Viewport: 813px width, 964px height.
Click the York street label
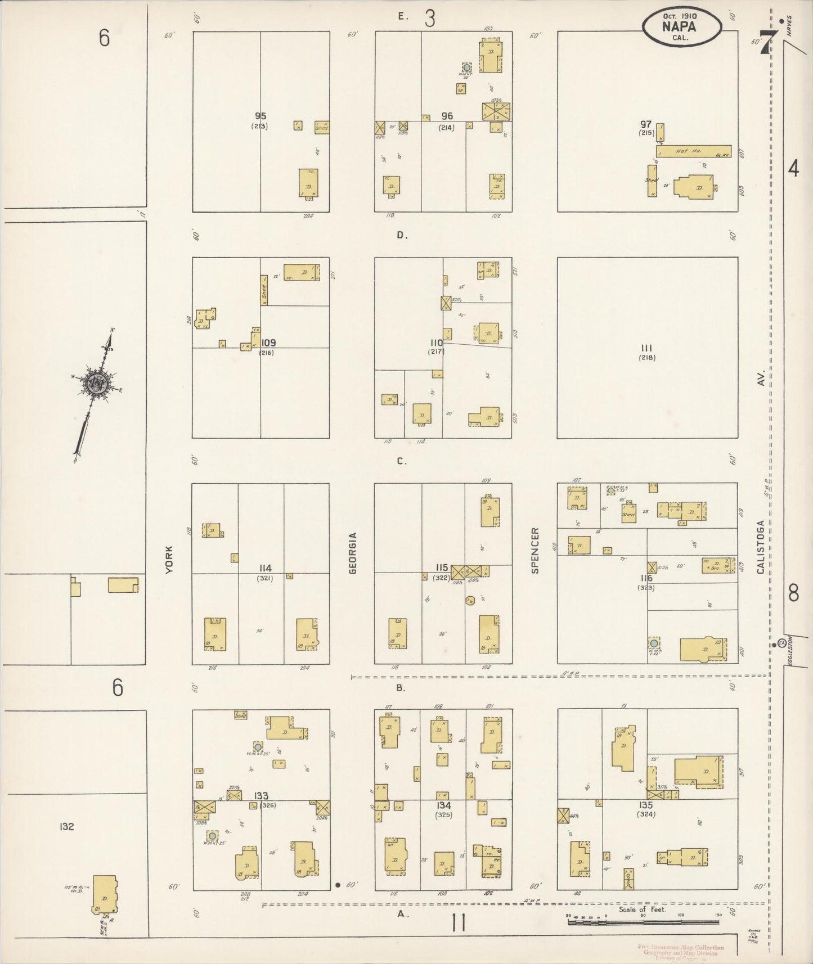pos(168,560)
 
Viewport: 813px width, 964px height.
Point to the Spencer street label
pos(535,550)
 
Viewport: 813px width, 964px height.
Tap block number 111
pos(647,348)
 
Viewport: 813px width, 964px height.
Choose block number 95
pos(260,116)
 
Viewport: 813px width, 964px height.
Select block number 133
pos(261,796)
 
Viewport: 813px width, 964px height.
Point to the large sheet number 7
pos(766,41)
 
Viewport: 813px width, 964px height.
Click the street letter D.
pos(402,235)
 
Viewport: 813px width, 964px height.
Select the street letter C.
pos(401,461)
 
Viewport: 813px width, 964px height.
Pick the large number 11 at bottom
pos(459,923)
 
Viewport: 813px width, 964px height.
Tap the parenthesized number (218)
pos(647,358)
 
